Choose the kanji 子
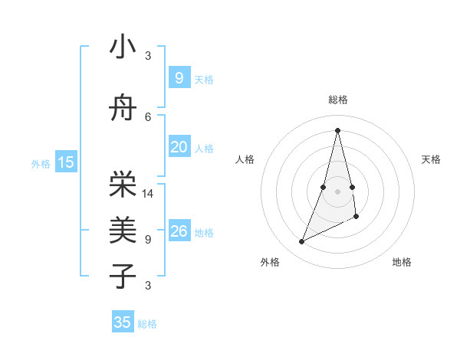point(123,276)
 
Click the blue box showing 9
point(179,77)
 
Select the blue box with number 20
point(179,146)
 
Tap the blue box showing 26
point(179,231)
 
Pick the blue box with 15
point(65,162)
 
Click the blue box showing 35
point(123,322)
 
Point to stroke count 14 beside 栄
point(149,193)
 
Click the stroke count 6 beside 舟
point(148,116)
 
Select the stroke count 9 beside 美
point(148,239)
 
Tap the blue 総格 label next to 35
point(148,324)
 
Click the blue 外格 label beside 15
point(41,163)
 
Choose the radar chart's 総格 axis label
point(337,100)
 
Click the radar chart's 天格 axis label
point(431,159)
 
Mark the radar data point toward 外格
point(301,242)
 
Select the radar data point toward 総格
point(337,130)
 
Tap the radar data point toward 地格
point(356,217)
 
